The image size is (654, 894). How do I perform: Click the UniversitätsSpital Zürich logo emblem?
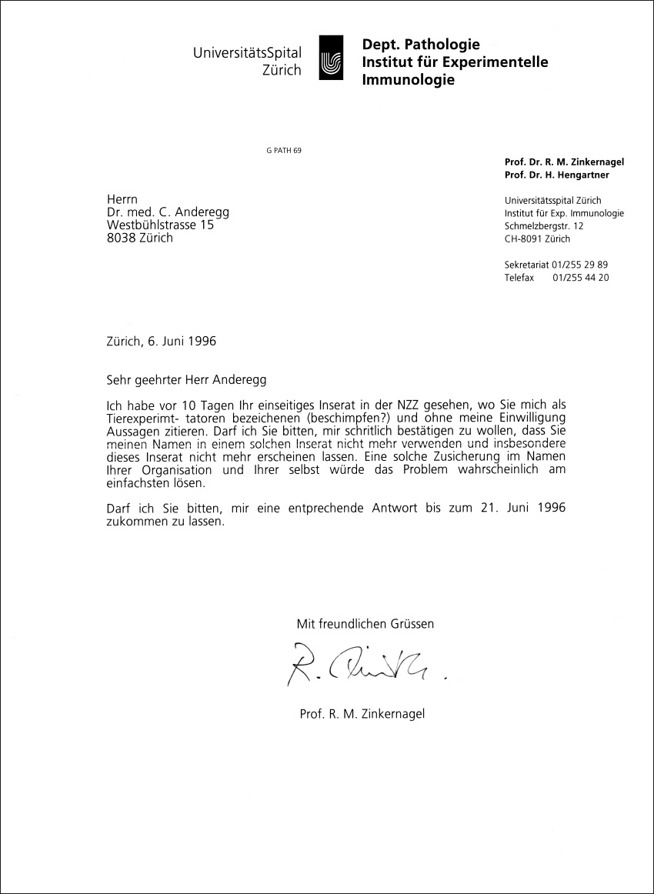pyautogui.click(x=331, y=58)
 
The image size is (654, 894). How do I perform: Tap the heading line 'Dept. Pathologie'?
pyautogui.click(x=421, y=45)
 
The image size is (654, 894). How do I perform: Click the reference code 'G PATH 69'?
pyautogui.click(x=283, y=150)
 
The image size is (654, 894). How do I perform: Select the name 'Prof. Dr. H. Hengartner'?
pyautogui.click(x=558, y=176)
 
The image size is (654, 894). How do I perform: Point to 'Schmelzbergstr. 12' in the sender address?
pyautogui.click(x=544, y=225)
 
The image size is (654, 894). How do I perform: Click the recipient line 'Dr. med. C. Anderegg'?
pyautogui.click(x=169, y=212)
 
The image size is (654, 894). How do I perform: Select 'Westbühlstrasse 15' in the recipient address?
pyautogui.click(x=160, y=225)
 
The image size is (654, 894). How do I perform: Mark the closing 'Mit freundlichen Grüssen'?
pyautogui.click(x=365, y=624)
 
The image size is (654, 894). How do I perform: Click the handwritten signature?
pyautogui.click(x=362, y=662)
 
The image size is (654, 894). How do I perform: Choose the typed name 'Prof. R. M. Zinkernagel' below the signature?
pyautogui.click(x=362, y=714)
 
